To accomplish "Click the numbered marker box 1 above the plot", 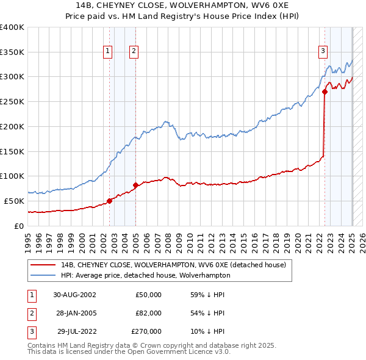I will pyautogui.click(x=107, y=51).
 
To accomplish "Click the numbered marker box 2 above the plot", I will pyautogui.click(x=133, y=51).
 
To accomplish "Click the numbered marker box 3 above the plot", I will pyautogui.click(x=323, y=51).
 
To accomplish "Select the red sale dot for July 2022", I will pyautogui.click(x=325, y=92).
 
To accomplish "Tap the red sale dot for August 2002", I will pyautogui.click(x=110, y=200).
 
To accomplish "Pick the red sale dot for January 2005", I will pyautogui.click(x=135, y=184).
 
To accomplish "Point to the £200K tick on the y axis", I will pyautogui.click(x=12, y=126).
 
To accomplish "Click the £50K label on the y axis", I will pyautogui.click(x=15, y=201).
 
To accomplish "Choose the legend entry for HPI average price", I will pyautogui.click(x=146, y=275).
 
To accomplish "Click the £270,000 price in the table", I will pyautogui.click(x=146, y=331).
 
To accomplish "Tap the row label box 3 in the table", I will pyautogui.click(x=30, y=331).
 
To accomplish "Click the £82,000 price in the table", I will pyautogui.click(x=148, y=313).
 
